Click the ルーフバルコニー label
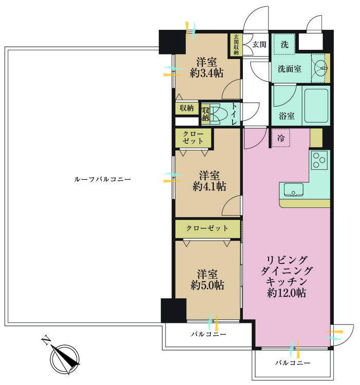coord(102,179)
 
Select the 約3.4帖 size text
coord(206,73)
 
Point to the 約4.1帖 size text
coord(209,187)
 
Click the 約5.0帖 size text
coord(207,285)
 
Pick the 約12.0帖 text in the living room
coord(287,293)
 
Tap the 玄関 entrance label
coord(259,45)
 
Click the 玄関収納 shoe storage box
coord(236,45)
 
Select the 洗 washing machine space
coord(284,44)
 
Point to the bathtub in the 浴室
coord(316,106)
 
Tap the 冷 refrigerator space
coord(281,138)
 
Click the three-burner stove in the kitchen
coord(319,160)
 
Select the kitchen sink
coord(293,190)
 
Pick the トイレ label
coord(234,114)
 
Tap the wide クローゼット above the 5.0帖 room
coord(207,228)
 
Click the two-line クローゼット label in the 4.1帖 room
coord(193,138)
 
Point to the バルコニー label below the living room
coord(293,362)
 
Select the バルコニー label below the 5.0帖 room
coord(209,334)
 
